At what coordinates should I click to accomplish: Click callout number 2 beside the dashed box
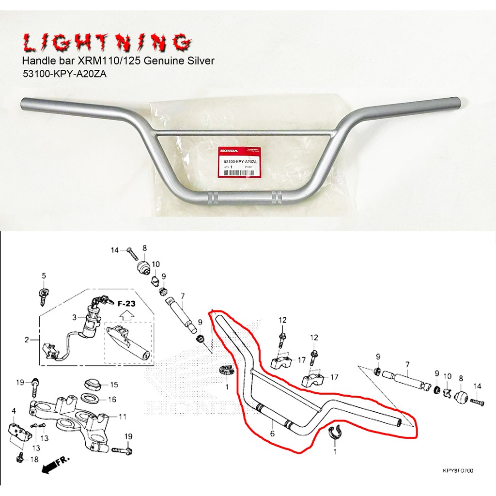point(26,340)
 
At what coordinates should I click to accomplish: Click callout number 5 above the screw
point(44,276)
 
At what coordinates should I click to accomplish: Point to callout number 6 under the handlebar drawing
point(272,434)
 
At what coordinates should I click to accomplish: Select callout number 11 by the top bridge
point(123,416)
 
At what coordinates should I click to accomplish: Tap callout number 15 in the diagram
point(114,385)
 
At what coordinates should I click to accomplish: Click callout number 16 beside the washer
point(112,400)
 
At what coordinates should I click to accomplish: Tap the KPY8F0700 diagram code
point(457,470)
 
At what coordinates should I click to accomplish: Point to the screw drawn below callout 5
point(42,294)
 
